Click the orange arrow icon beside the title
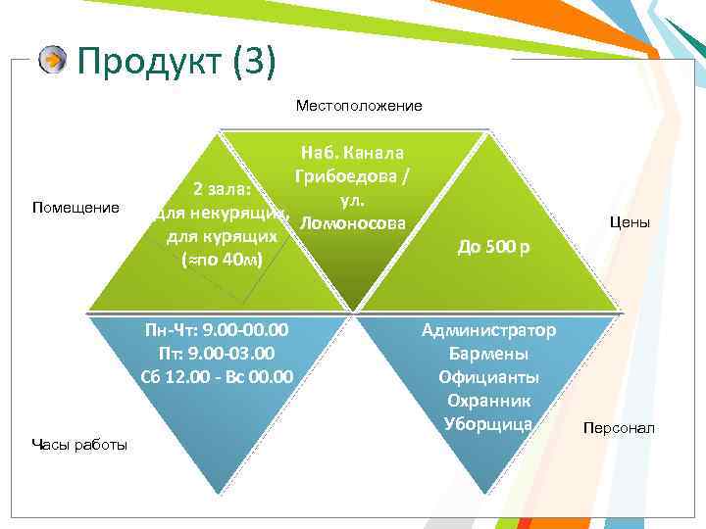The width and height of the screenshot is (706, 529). pyautogui.click(x=53, y=61)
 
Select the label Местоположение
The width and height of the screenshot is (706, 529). pyautogui.click(x=359, y=105)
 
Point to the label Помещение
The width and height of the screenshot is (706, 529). pyautogui.click(x=76, y=208)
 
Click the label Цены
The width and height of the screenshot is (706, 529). pyautogui.click(x=630, y=222)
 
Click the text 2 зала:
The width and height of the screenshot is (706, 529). pyautogui.click(x=225, y=189)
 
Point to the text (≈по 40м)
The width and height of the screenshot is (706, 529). pyautogui.click(x=222, y=260)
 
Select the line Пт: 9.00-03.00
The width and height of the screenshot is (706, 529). pyautogui.click(x=216, y=353)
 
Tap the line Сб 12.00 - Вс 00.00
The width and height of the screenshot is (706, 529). pyautogui.click(x=217, y=375)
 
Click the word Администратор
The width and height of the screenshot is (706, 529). pyautogui.click(x=488, y=330)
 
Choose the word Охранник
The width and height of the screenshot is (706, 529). pyautogui.click(x=487, y=400)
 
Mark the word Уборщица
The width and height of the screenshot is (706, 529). pyautogui.click(x=487, y=423)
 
